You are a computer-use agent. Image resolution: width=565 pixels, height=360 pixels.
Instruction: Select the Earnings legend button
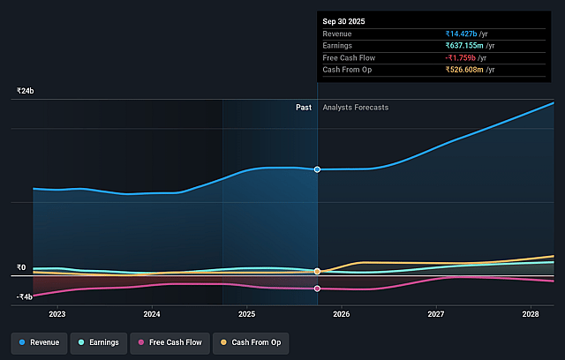pos(97,341)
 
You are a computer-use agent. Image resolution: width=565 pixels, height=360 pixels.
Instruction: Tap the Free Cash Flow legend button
pos(169,341)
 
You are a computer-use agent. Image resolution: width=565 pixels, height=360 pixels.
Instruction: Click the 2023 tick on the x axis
pos(57,314)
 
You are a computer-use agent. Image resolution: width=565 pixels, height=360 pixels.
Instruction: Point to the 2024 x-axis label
pos(152,314)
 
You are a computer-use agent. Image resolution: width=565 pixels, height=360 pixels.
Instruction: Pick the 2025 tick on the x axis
pos(246,314)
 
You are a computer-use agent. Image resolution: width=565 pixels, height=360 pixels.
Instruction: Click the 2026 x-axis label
pos(342,314)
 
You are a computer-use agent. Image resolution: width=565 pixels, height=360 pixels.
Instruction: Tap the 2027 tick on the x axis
pos(436,314)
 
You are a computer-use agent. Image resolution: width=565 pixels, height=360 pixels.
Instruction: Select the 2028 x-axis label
pos(531,314)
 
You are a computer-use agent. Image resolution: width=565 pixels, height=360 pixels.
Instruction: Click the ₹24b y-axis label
pos(25,91)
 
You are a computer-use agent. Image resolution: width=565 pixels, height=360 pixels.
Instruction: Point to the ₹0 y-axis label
pos(21,267)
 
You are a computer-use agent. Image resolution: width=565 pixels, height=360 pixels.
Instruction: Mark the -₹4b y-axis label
pos(23,296)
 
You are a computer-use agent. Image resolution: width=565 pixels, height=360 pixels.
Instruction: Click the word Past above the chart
pos(304,108)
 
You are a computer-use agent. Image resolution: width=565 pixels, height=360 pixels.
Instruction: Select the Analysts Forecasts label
pos(356,108)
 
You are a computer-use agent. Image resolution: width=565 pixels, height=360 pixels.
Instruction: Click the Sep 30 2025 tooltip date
pos(344,20)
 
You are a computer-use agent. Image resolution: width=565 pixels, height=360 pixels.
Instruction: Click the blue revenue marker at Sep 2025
pos(318,169)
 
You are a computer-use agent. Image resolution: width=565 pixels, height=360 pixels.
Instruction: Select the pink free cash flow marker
pos(318,289)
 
